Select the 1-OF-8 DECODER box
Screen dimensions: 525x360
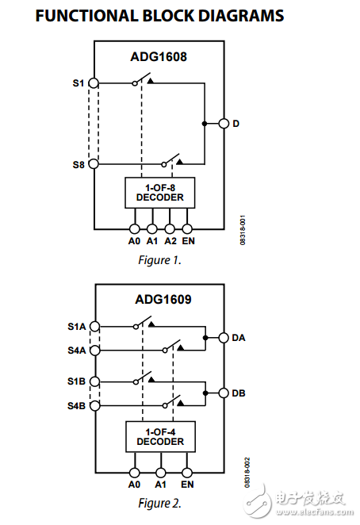(159, 192)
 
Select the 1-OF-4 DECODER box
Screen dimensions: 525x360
(159, 436)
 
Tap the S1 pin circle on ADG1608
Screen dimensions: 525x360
(94, 82)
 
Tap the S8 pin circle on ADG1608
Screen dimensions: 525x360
(94, 164)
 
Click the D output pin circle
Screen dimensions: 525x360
(224, 123)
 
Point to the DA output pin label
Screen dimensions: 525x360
(239, 337)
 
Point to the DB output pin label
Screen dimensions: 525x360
(239, 393)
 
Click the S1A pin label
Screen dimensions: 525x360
(77, 326)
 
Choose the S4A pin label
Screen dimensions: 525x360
(77, 350)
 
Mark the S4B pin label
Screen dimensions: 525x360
(77, 407)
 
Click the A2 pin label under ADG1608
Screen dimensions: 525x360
(170, 240)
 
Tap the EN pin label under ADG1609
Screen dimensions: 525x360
(187, 484)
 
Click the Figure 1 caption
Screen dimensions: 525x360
(160, 259)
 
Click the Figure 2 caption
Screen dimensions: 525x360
(160, 503)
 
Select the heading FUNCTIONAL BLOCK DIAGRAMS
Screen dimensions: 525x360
(159, 16)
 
